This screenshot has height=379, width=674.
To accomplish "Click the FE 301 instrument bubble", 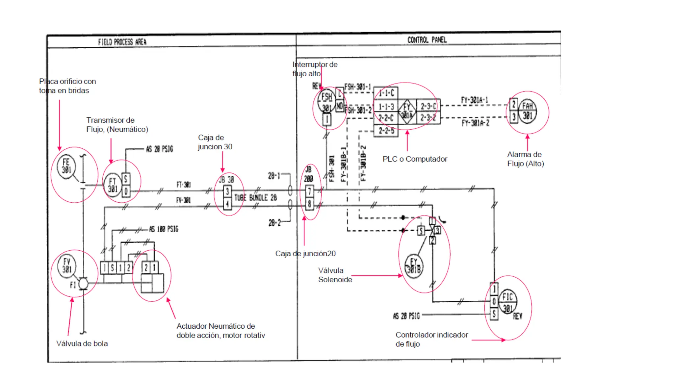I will (x=66, y=166).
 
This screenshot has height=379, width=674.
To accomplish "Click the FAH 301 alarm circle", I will (x=527, y=111).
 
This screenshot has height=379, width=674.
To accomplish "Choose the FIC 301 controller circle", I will (x=507, y=302).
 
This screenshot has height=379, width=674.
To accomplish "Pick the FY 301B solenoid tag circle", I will (x=414, y=266).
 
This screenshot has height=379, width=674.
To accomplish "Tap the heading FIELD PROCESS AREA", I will (x=122, y=42).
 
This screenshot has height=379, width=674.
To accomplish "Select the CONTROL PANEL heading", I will (x=427, y=40).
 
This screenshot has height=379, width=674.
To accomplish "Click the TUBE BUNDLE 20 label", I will (x=255, y=197).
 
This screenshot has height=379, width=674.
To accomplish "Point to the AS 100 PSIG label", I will (x=164, y=229).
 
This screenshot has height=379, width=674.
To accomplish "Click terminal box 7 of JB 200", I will (x=309, y=191).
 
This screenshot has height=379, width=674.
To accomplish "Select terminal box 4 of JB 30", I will (x=227, y=204).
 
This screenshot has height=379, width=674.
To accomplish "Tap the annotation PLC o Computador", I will (x=415, y=159).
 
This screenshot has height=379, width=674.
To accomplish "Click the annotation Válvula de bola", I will (x=82, y=343).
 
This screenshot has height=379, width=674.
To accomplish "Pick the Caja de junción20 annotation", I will (x=305, y=253).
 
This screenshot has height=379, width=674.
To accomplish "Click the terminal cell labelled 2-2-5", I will (x=386, y=131).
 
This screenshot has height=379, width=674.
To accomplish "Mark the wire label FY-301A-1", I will (x=474, y=100).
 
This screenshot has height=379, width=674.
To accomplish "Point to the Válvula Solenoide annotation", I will (x=335, y=275).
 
